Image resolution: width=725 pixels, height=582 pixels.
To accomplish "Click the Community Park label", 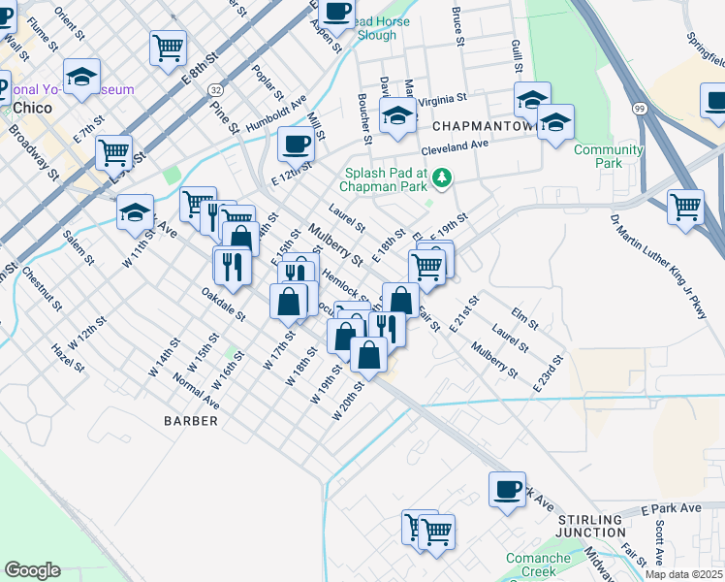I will click(x=608, y=156).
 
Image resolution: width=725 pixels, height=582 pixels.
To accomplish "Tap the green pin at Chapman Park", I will click(x=442, y=177).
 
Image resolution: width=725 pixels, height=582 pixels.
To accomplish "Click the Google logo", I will click(x=32, y=570).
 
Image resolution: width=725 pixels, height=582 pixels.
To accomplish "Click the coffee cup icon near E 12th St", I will click(x=296, y=144).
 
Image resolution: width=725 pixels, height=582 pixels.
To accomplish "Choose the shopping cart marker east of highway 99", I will click(x=685, y=206).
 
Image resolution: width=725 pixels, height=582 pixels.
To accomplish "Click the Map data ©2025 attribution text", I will click(x=683, y=574).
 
